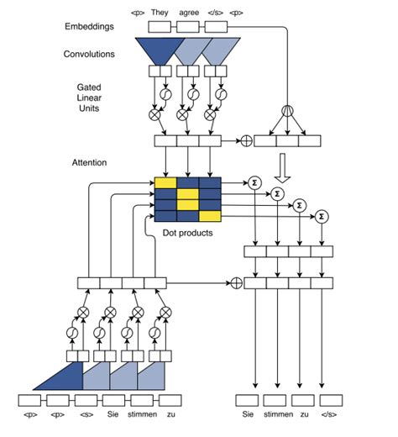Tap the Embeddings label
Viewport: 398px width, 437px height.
(x=89, y=27)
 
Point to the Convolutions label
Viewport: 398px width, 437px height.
(x=90, y=55)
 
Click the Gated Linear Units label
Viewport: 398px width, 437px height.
(x=89, y=99)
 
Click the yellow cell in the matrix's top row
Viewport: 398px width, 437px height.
(x=165, y=183)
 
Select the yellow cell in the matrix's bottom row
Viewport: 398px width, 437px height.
(x=210, y=216)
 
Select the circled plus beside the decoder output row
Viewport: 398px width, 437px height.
(x=236, y=283)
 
